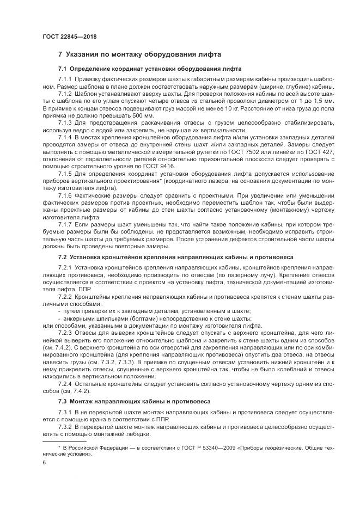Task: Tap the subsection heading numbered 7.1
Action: tap(150, 69)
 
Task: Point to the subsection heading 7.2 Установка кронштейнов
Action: tap(175, 255)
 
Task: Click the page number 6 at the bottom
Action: tap(44, 462)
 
